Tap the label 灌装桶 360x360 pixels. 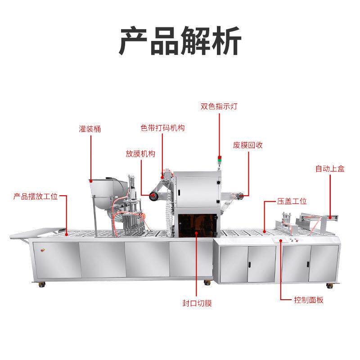[90, 129]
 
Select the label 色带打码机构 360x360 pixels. [162, 128]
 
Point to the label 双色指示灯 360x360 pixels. [219, 107]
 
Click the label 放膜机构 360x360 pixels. [140, 153]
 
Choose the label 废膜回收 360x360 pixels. [248, 145]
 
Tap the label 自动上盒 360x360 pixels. [330, 169]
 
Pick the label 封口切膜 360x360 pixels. [197, 303]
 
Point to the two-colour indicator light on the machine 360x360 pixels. [220, 160]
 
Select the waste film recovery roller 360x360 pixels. [240, 195]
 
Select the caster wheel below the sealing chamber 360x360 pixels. [207, 283]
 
